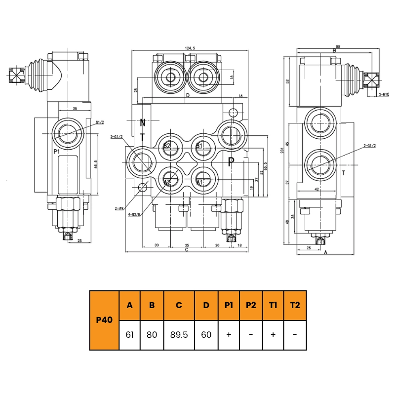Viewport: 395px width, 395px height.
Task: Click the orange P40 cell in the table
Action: click(x=104, y=320)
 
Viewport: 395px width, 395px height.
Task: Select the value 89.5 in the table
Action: click(x=179, y=335)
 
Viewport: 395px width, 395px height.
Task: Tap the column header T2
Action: click(x=295, y=305)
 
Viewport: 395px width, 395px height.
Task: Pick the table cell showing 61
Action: click(x=130, y=335)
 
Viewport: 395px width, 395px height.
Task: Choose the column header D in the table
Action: click(x=206, y=305)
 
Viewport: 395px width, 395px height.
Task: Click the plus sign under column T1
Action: click(x=273, y=335)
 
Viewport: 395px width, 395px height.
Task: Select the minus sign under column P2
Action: click(x=251, y=335)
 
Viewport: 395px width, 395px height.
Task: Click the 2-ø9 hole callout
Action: click(x=119, y=209)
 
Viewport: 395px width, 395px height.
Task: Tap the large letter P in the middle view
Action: click(x=231, y=161)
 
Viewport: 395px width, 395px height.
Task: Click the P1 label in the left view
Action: click(x=57, y=152)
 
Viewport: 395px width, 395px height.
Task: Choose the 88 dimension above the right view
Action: click(x=338, y=47)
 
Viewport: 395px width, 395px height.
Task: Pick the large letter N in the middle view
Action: click(x=143, y=123)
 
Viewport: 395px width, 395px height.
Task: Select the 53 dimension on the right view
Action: click(x=287, y=81)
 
